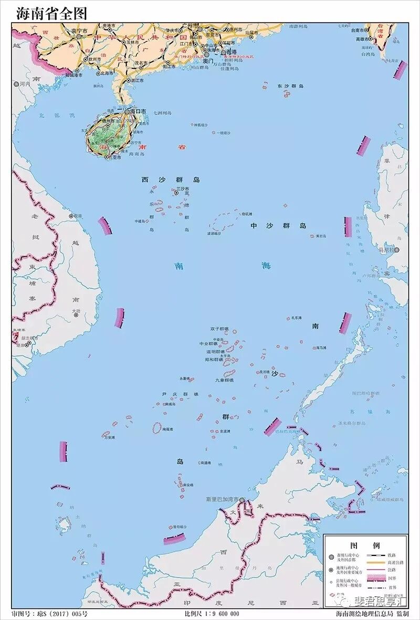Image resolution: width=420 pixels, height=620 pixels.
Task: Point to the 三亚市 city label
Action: pyautogui.click(x=113, y=157)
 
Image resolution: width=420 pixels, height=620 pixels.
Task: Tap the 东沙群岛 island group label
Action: pyautogui.click(x=290, y=86)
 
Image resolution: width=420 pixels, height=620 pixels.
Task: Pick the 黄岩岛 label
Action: pyautogui.click(x=321, y=236)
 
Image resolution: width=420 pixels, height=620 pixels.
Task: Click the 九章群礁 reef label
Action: pyautogui.click(x=224, y=380)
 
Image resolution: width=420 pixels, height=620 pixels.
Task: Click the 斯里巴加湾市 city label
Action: pyautogui.click(x=222, y=499)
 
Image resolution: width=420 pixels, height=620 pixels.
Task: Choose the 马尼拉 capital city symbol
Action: pyautogui.click(x=397, y=250)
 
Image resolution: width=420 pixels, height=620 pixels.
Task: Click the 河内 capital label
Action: pyautogui.click(x=25, y=83)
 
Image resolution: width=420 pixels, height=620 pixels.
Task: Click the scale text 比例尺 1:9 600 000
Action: pyautogui.click(x=212, y=614)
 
